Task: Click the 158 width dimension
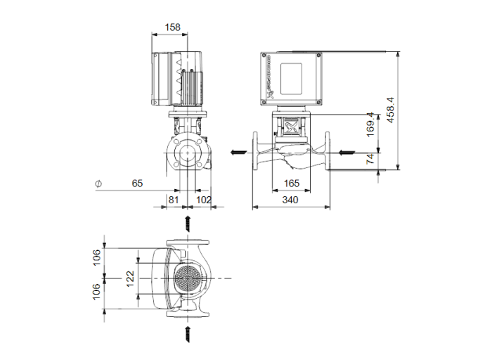coord(171,27)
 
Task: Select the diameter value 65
coord(137,184)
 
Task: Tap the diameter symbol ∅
coord(98,184)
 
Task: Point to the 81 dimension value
coord(172,200)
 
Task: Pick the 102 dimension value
coord(203,200)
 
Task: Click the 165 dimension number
coord(290,184)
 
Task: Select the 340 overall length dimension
coord(290,200)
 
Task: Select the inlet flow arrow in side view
coord(347,152)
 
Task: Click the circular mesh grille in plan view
coord(188,279)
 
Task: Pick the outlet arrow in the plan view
coord(188,224)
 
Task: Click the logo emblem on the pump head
coord(290,128)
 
